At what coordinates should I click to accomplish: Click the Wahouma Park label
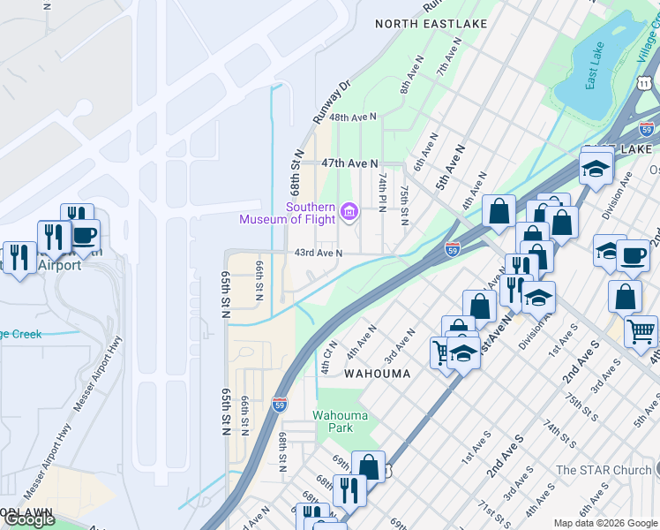(x=334, y=421)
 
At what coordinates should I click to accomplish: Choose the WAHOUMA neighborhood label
(x=377, y=374)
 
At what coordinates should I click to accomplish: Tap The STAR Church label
(x=603, y=470)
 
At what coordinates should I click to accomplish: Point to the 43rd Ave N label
(x=318, y=254)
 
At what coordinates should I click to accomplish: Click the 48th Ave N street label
(x=353, y=117)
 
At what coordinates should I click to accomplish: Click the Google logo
(x=29, y=519)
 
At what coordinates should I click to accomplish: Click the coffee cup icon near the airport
(x=85, y=235)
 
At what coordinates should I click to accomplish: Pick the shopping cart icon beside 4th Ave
(x=641, y=331)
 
